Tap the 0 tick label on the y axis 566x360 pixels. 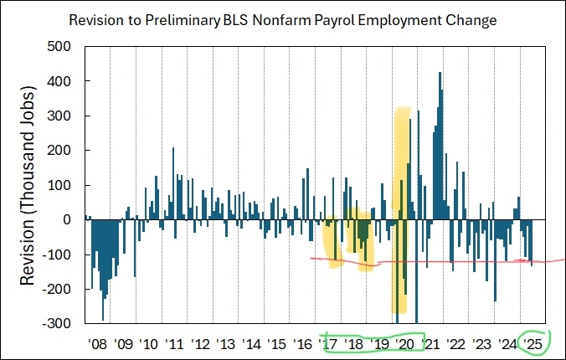click(73, 219)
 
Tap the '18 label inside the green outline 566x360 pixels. click(354, 343)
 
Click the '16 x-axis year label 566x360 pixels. click(303, 343)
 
